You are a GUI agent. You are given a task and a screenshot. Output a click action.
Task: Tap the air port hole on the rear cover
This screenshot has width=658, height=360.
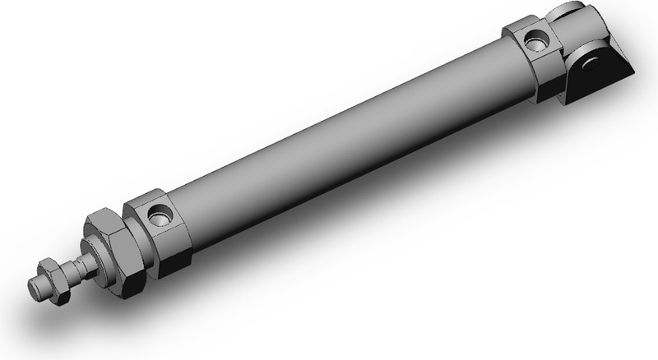pos(536,39)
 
